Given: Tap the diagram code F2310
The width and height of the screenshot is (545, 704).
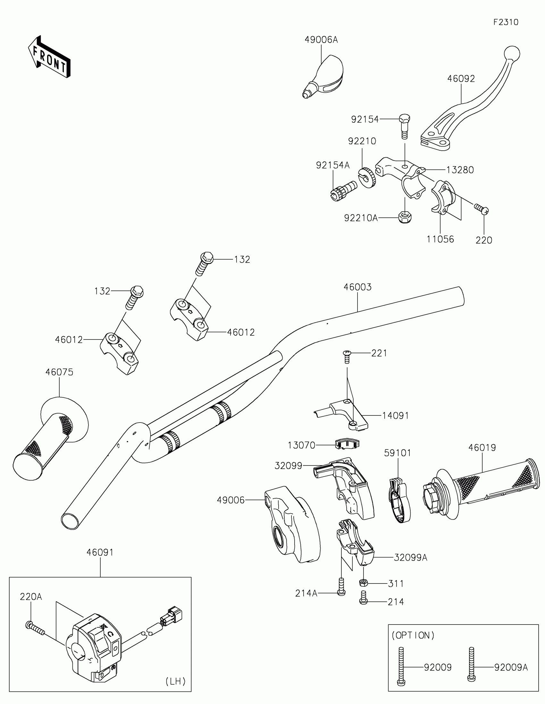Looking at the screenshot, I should pyautogui.click(x=506, y=22).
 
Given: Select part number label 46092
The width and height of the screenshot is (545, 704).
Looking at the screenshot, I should pyautogui.click(x=461, y=79).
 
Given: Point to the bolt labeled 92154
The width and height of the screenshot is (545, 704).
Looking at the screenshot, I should pyautogui.click(x=404, y=126).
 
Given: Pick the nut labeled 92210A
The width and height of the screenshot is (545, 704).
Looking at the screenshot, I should pyautogui.click(x=404, y=218).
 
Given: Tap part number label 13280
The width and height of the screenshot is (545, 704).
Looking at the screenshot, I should pyautogui.click(x=460, y=170).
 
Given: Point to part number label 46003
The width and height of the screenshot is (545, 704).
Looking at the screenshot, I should pyautogui.click(x=357, y=287).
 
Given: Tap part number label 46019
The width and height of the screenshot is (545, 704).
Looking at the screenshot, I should pyautogui.click(x=482, y=448).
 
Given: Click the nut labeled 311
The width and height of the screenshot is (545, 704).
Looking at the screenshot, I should pyautogui.click(x=364, y=583).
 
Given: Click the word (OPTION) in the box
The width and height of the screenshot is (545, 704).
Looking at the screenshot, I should pyautogui.click(x=413, y=635).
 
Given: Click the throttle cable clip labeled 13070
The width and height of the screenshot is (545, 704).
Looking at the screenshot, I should pyautogui.click(x=347, y=445).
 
